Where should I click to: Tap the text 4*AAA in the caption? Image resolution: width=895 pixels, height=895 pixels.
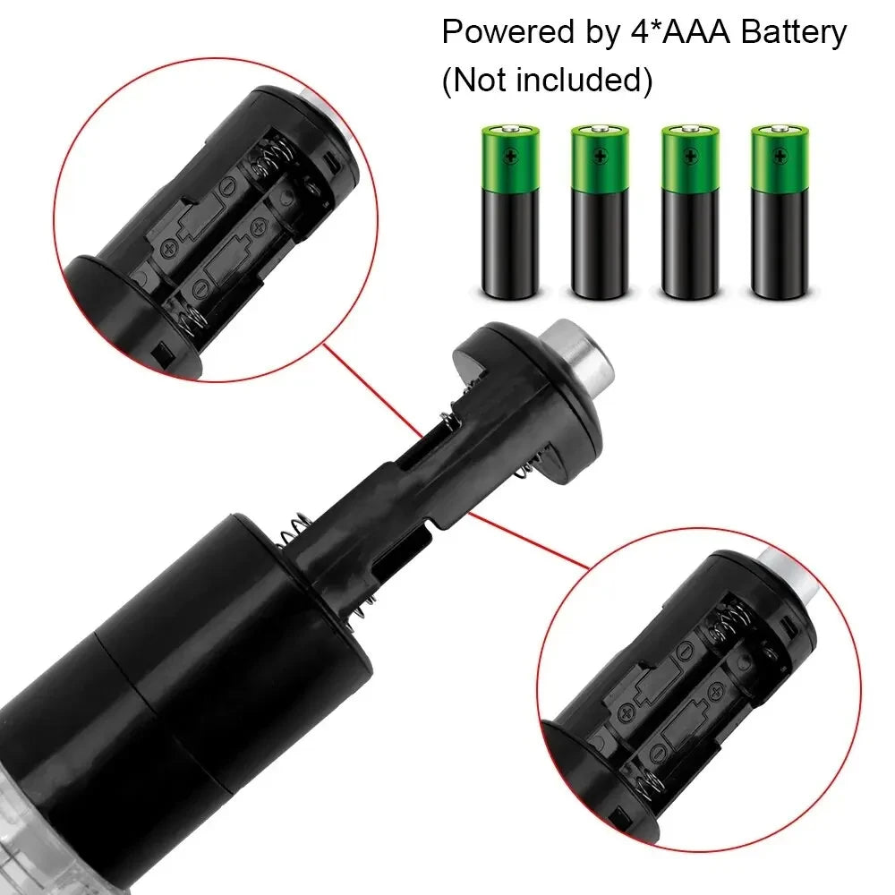[x=658, y=33]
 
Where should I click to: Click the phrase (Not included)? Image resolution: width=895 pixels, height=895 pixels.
[x=547, y=81]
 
